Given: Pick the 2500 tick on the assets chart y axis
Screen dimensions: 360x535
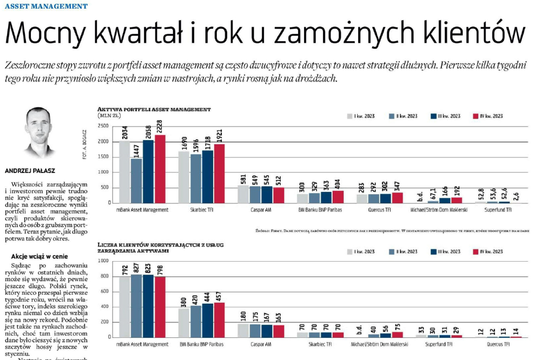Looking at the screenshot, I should click(x=102, y=126).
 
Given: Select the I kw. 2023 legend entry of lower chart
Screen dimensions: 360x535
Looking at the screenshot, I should click(x=362, y=251).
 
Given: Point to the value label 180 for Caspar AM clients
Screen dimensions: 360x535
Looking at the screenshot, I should click(x=243, y=316).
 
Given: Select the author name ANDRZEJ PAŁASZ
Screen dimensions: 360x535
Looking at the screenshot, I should click(x=30, y=171).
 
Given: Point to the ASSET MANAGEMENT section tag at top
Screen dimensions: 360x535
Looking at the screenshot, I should click(x=45, y=6).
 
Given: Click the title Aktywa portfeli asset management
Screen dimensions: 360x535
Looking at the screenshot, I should click(x=154, y=109).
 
